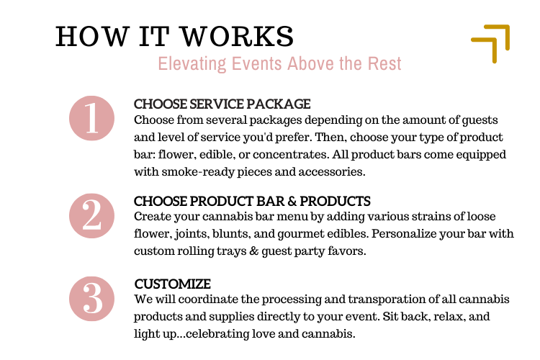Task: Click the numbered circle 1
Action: pos(91,119)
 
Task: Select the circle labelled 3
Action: pos(91,298)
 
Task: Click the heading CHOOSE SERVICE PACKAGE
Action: pos(222,104)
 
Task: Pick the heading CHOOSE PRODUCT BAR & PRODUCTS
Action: pos(252,202)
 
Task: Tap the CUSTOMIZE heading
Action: pos(172,284)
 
